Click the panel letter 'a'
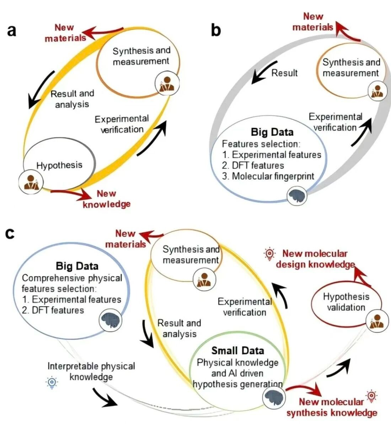pos(12,31)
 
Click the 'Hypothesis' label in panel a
pos(59,165)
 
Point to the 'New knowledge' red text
pos(106,199)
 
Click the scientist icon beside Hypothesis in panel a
pos(31,182)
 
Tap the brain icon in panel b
pos(297,196)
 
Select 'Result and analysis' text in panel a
pos(72,99)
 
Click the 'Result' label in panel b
pos(284,73)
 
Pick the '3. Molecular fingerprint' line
pos(268,176)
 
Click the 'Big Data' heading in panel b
pos(272,132)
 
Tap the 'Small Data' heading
pos(237,351)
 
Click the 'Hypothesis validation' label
pos(346,302)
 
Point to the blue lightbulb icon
pos(52,382)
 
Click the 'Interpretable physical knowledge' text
pos(91,371)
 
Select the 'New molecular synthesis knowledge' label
pos(332,407)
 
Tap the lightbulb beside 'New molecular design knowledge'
pos(269,254)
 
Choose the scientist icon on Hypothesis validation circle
pos(377,322)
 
